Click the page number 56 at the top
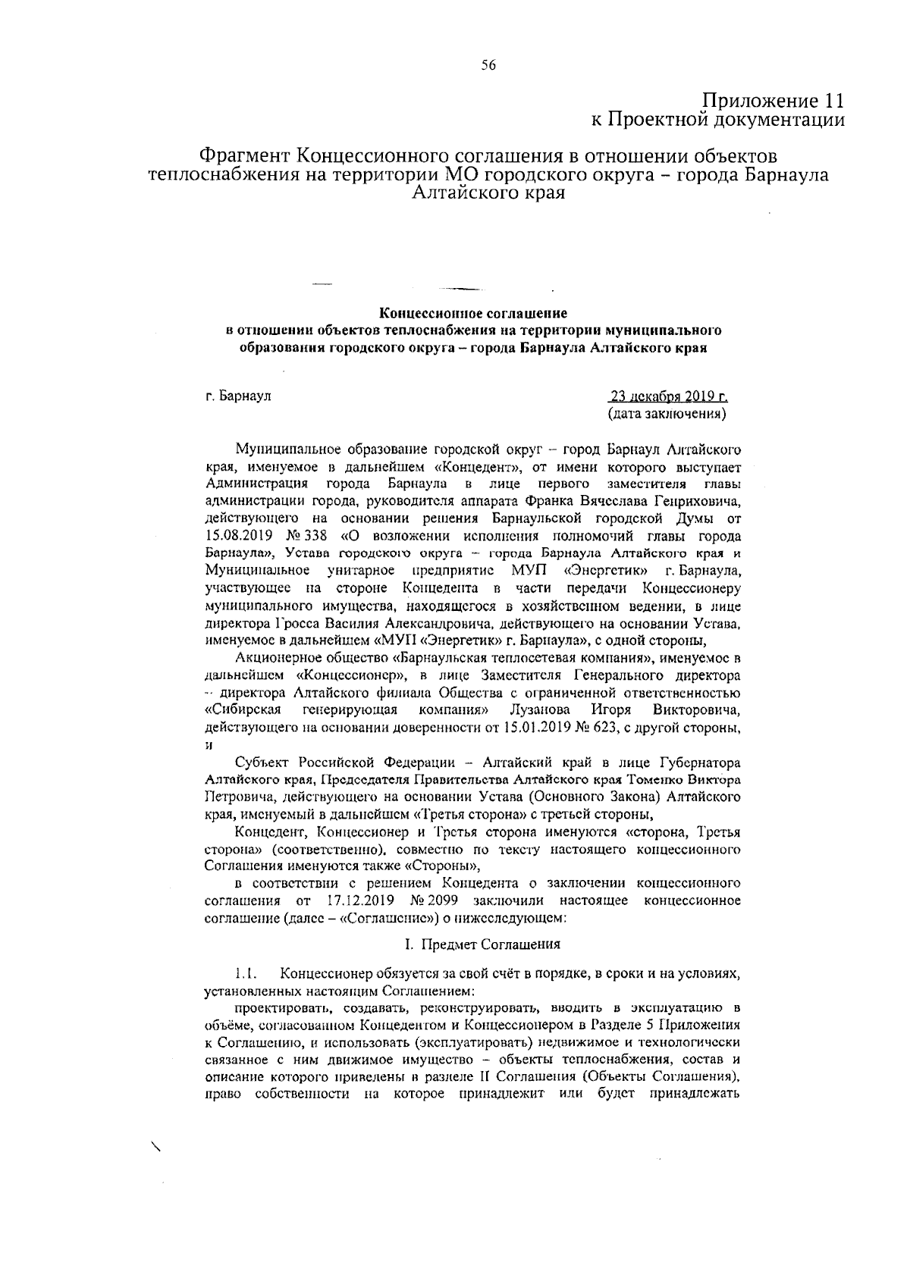[x=488, y=66]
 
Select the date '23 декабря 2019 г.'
[x=668, y=396]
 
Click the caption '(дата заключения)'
[x=667, y=415]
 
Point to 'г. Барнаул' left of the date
[x=238, y=396]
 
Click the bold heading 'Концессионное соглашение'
[x=473, y=312]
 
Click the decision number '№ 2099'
[x=433, y=901]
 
